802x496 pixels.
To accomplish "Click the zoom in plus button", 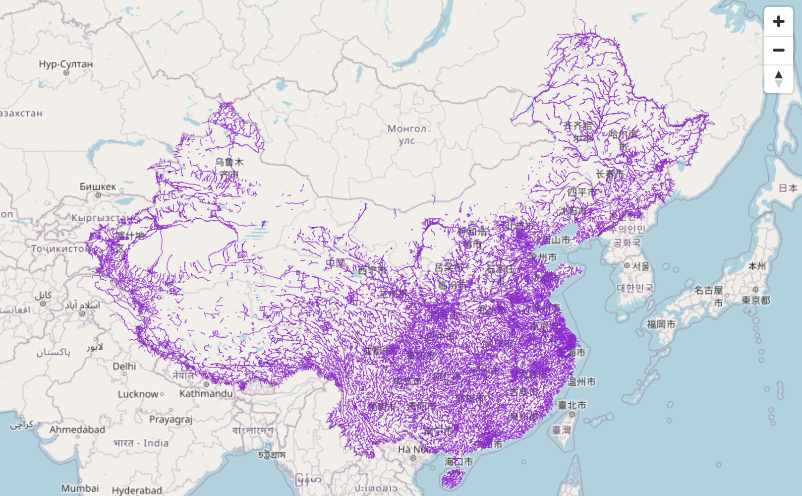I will coord(778,21).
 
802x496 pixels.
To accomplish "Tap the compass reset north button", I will coord(778,79).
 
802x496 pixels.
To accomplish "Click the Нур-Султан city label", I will coord(65,64).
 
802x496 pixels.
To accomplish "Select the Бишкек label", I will coord(98,186).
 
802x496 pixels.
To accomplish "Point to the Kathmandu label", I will coord(206,393).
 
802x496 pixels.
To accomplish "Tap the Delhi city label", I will coord(124,366).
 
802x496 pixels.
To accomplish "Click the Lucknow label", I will coord(138,394).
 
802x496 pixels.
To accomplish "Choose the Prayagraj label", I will coord(171,419).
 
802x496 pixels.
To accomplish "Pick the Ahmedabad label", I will coord(77,430).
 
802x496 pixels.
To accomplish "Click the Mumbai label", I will coord(80,488).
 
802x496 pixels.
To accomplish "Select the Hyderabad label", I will coord(137,490).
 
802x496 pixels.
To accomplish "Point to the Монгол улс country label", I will coord(406,134).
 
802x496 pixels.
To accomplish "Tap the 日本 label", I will coord(788,188).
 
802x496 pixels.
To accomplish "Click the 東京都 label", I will coord(755,300).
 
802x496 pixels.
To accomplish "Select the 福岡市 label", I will coord(661,324).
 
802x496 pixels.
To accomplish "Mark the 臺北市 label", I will coord(572,405).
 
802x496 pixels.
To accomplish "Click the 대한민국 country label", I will coord(634,288).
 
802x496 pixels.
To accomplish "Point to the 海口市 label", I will coord(458,462).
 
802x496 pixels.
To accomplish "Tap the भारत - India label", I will coord(141,443).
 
